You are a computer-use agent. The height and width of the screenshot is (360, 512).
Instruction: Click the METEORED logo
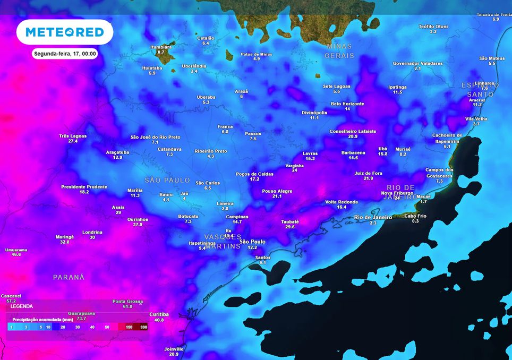[65, 33]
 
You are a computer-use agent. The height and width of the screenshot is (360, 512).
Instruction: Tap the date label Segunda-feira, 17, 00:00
[65, 54]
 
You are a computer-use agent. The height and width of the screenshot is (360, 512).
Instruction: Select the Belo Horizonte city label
[347, 104]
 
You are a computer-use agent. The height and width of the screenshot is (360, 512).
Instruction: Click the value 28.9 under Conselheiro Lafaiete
[353, 136]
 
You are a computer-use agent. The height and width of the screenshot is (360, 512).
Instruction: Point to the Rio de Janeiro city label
[373, 217]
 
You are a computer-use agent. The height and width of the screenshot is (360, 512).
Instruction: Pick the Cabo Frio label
[415, 216]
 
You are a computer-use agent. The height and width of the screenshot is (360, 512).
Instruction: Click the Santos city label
[263, 258]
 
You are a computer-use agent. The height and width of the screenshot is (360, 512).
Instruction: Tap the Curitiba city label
[159, 314]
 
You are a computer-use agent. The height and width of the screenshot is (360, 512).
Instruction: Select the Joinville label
[174, 349]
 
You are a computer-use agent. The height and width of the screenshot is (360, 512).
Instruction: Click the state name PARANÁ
[69, 277]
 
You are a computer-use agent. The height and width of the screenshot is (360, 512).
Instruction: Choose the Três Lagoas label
[73, 136]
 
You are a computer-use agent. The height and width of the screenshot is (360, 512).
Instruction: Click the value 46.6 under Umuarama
[16, 255]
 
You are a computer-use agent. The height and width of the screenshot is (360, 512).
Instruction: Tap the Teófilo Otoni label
[433, 26]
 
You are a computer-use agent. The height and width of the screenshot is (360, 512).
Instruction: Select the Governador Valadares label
[417, 63]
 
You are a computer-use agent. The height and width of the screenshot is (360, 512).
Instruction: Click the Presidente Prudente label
[84, 187]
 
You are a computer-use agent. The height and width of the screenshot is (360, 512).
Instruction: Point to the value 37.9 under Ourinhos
[138, 225]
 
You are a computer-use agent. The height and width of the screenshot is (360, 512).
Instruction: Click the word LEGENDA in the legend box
[21, 306]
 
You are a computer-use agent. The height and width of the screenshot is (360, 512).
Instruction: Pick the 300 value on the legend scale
[143, 328]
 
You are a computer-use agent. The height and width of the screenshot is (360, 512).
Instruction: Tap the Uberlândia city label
[194, 65]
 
